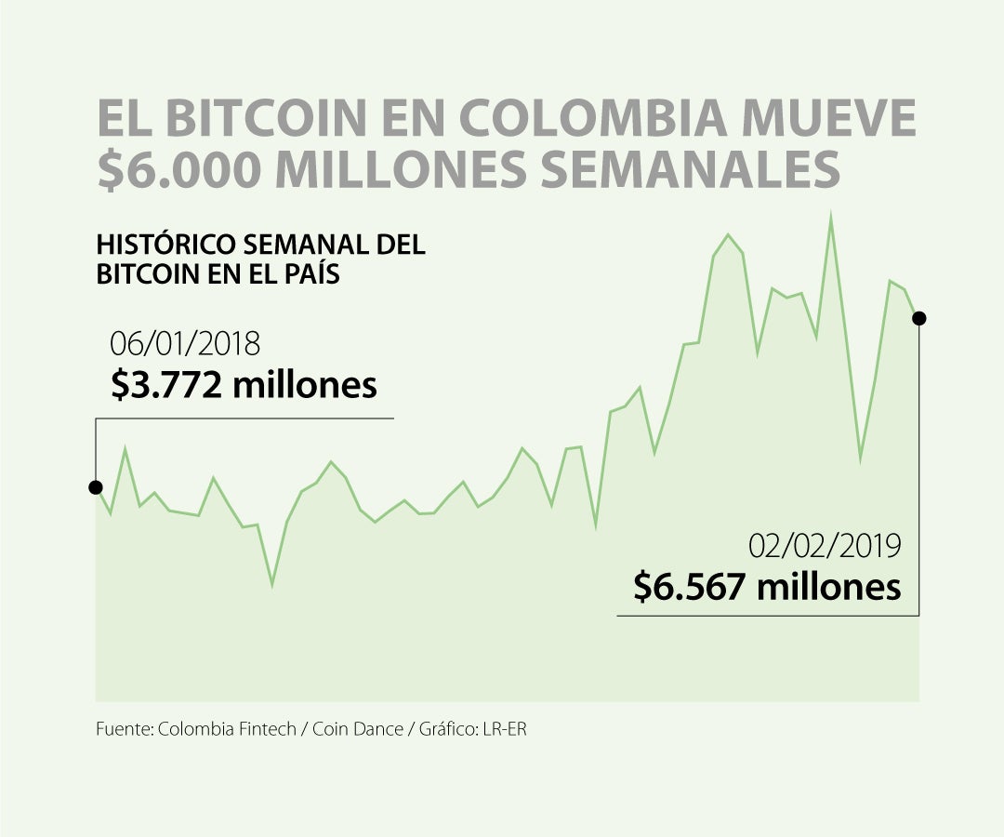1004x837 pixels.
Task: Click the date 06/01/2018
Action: (185, 343)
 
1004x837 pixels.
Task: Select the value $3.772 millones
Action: (244, 384)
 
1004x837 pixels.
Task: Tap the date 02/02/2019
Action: (825, 545)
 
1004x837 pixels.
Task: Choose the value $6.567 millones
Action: (767, 587)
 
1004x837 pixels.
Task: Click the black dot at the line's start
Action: (95, 487)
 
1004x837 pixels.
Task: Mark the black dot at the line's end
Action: (919, 319)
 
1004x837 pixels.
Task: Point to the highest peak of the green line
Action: (830, 216)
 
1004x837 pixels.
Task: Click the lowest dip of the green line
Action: (272, 584)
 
